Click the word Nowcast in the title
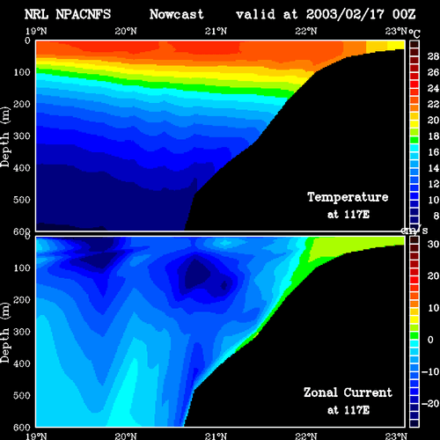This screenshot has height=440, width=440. [x=176, y=14]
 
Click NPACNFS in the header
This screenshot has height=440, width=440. [x=83, y=14]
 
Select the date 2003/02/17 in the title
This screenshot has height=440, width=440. [x=345, y=14]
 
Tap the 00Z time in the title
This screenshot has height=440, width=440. [x=404, y=14]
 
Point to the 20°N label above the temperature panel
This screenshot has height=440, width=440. [x=126, y=31]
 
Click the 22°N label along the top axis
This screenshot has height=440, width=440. [x=306, y=31]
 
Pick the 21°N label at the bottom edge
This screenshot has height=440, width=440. [x=216, y=436]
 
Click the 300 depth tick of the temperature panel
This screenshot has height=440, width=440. [x=22, y=136]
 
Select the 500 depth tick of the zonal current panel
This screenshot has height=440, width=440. [x=22, y=395]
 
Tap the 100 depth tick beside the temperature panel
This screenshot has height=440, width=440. [x=22, y=72]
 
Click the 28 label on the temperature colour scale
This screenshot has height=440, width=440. [x=433, y=56]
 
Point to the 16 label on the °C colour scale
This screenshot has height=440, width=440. [x=433, y=152]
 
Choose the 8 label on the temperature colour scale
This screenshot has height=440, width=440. [x=436, y=216]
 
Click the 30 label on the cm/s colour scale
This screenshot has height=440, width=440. [x=433, y=244]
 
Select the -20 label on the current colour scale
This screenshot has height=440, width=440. [x=430, y=404]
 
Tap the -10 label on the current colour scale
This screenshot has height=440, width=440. [x=430, y=371]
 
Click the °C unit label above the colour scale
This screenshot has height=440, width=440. [x=414, y=33]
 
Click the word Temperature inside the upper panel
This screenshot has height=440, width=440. [x=348, y=197]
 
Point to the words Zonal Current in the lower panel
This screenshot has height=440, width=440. [x=348, y=392]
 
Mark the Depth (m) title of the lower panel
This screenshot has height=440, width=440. [x=5, y=333]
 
